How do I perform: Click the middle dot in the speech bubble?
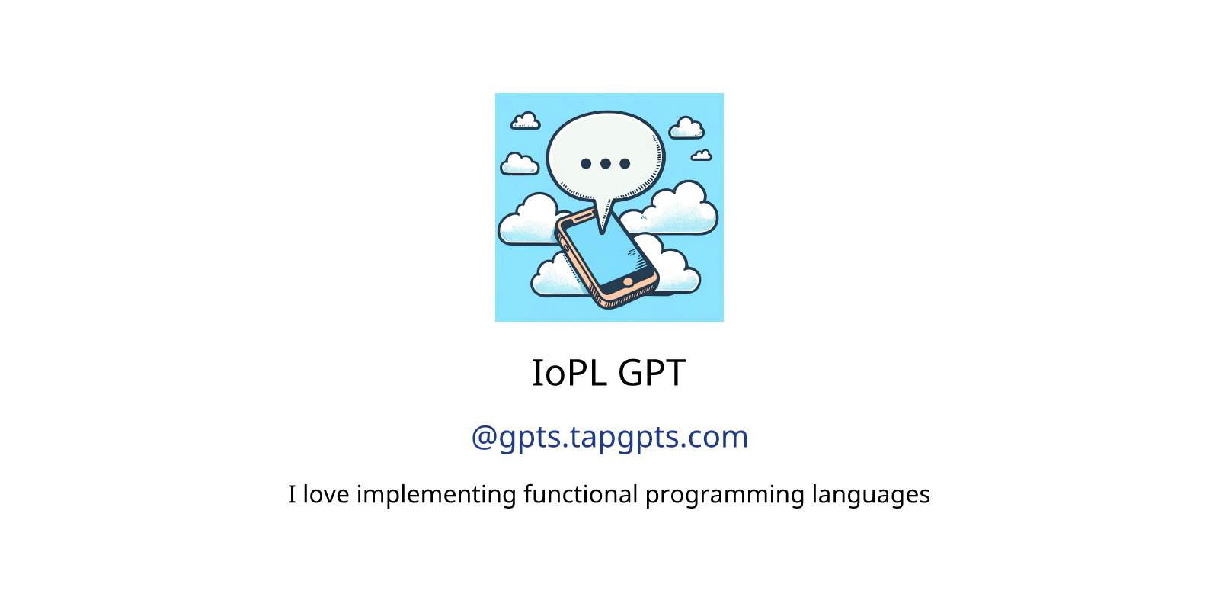pyautogui.click(x=605, y=163)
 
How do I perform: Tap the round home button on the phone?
pyautogui.click(x=628, y=281)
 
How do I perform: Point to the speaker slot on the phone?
pyautogui.click(x=582, y=217)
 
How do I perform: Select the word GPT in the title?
pyautogui.click(x=652, y=373)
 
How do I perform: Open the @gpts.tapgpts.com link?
pyautogui.click(x=609, y=438)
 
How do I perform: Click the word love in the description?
pyautogui.click(x=325, y=494)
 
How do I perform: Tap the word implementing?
pyautogui.click(x=436, y=496)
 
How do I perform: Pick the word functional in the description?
pyautogui.click(x=581, y=494)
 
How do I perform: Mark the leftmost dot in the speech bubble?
pyautogui.click(x=586, y=163)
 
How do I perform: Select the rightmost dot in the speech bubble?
pyautogui.click(x=625, y=163)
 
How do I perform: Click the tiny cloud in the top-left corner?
pyautogui.click(x=525, y=121)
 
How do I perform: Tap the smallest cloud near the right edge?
pyautogui.click(x=702, y=156)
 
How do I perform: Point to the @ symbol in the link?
pyautogui.click(x=484, y=438)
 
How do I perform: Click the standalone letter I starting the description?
pyautogui.click(x=292, y=495)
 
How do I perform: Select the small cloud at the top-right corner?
pyautogui.click(x=686, y=128)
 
